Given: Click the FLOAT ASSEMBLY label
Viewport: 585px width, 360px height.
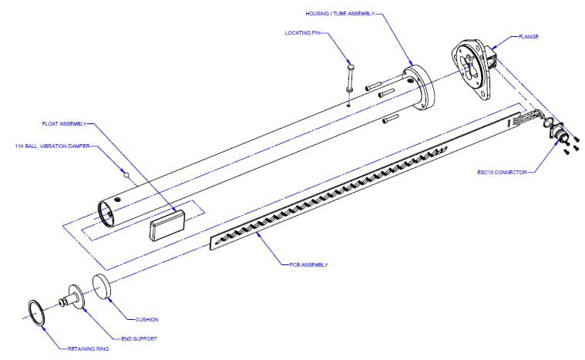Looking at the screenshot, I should coord(64,123).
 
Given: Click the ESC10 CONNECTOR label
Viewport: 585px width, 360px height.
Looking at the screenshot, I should coord(501,173).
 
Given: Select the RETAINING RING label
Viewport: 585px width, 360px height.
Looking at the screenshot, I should coord(85,349).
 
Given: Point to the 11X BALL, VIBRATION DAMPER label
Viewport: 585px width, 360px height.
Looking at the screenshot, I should coord(53,144).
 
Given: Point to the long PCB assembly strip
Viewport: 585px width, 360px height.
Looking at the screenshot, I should coord(362,182).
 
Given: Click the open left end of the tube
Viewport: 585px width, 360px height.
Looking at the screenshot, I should coord(108,212).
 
